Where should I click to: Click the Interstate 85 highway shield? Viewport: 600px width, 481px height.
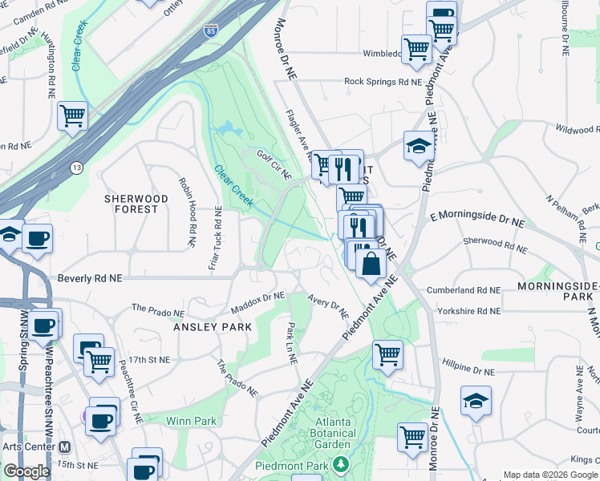pos(210,30)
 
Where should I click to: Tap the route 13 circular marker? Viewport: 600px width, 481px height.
pos(76,167)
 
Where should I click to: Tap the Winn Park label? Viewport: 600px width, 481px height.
pos(192,420)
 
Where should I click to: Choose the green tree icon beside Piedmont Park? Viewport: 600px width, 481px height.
pos(341,465)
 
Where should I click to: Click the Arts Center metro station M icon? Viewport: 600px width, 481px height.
pos(65,447)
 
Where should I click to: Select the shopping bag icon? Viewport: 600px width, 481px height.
pos(370,264)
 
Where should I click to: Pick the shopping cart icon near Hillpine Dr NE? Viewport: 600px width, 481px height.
pos(388,353)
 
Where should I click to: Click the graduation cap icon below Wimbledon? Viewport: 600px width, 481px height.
pos(418,146)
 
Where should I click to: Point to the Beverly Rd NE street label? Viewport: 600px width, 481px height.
pos(89,278)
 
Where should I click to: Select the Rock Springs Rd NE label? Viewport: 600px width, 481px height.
pos(383,82)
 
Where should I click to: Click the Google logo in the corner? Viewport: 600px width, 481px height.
pos(26,471)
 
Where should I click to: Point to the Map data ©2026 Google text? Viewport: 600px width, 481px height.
pos(550,475)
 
